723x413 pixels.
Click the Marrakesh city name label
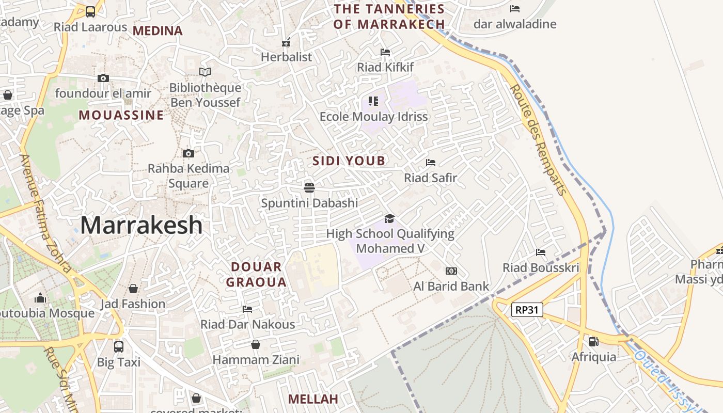click(x=141, y=226)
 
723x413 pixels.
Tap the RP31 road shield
click(x=527, y=310)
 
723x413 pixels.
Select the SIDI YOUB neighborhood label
click(x=349, y=161)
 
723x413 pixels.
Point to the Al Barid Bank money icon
click(x=451, y=271)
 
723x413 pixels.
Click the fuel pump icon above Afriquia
click(x=593, y=341)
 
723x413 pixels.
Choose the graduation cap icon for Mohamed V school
click(x=389, y=218)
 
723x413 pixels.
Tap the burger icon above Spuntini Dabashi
click(x=309, y=187)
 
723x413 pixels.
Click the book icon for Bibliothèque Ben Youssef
click(x=205, y=72)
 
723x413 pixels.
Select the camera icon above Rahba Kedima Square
click(x=188, y=153)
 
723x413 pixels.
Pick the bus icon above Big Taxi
click(x=119, y=346)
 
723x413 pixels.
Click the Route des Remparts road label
click(x=538, y=140)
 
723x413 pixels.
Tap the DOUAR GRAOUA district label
click(x=257, y=275)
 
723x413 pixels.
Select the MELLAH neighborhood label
click(x=313, y=399)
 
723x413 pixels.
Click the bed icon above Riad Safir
click(x=430, y=163)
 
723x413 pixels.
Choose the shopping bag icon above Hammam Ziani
click(x=256, y=344)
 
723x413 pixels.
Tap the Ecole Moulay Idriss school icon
click(x=373, y=101)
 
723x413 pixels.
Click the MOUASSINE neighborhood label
click(x=121, y=115)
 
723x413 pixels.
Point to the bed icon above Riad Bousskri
click(x=541, y=252)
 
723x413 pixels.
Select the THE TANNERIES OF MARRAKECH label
click(x=389, y=17)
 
